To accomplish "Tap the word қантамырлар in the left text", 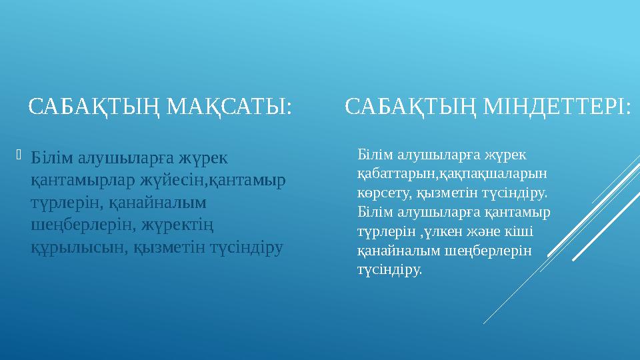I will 85,180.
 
